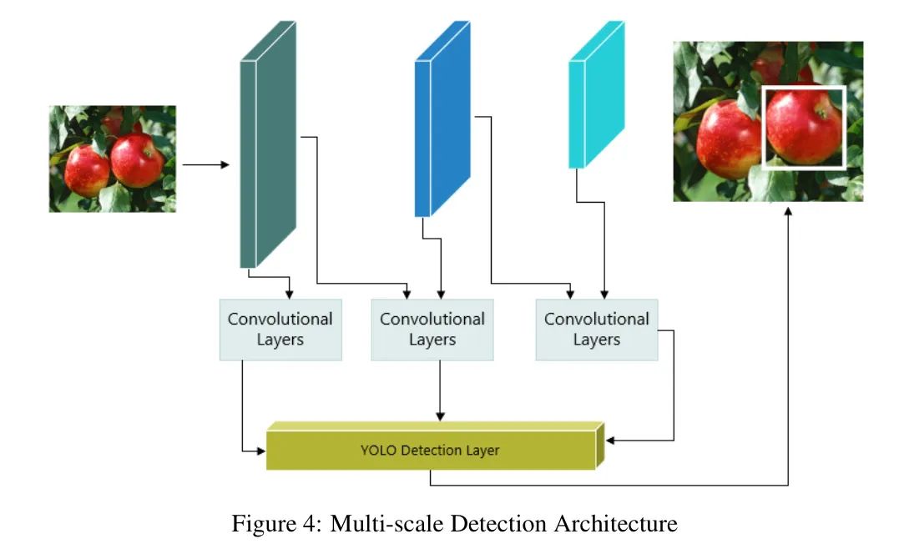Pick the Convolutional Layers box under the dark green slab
[280, 330]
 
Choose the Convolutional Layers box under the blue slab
[432, 330]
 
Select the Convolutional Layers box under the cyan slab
[597, 330]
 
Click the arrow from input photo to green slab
[205, 165]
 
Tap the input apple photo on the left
[113, 159]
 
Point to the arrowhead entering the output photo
[788, 214]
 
